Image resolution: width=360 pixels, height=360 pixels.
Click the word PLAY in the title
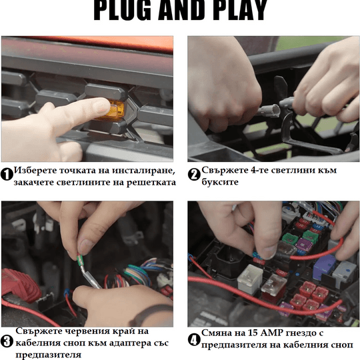[241, 10]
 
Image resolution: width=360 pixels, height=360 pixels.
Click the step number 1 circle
[7, 174]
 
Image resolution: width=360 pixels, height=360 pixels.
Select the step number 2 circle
[194, 174]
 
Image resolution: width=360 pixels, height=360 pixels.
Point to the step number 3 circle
[7, 341]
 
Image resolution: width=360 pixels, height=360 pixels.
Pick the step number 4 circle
[194, 340]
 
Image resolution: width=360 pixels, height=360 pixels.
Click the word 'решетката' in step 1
[151, 183]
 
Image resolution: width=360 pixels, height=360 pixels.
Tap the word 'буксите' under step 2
[220, 182]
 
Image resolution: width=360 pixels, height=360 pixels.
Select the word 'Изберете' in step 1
[35, 171]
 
